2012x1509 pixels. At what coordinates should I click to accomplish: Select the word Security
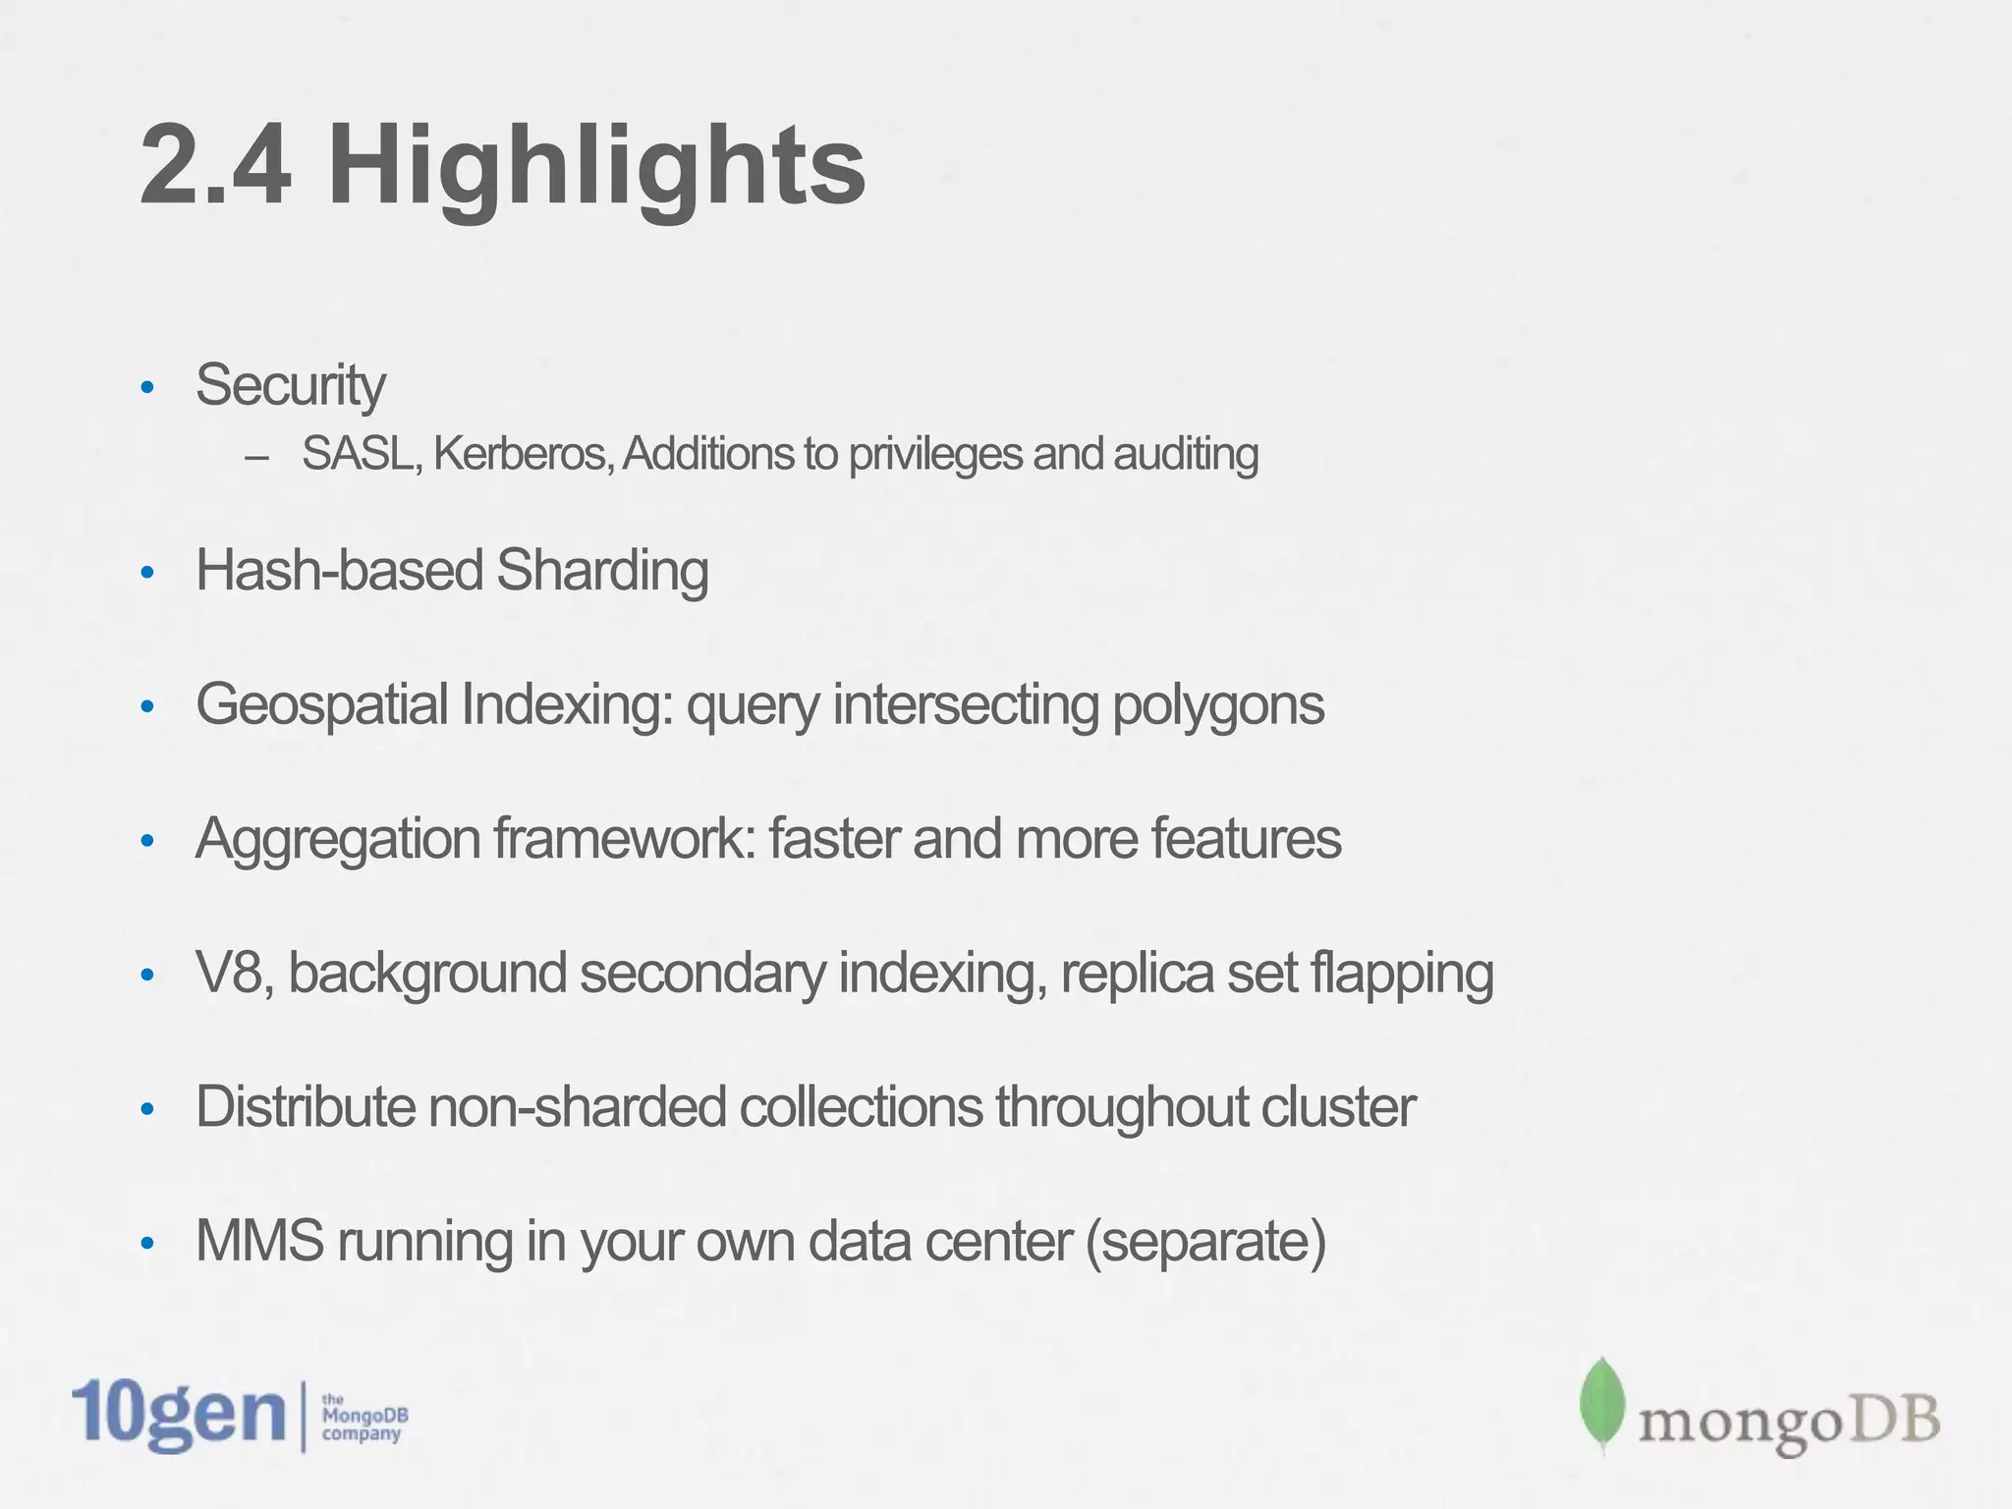pos(290,385)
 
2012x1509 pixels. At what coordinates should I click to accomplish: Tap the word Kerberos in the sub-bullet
pos(522,454)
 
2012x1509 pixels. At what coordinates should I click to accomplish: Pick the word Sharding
pos(602,571)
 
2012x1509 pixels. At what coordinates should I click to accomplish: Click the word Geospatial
pos(322,706)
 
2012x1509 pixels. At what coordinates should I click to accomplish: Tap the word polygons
pos(1218,706)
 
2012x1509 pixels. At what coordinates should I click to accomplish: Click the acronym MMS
pos(259,1241)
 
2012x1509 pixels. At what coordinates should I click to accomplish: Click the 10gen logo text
pos(179,1415)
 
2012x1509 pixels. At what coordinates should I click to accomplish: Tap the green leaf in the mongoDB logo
pos(1601,1405)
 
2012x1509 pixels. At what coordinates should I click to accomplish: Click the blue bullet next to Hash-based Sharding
pos(147,572)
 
